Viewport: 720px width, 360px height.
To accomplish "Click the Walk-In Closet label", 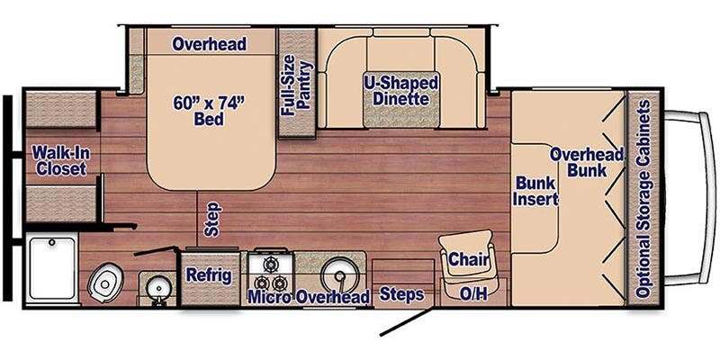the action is tap(61, 161).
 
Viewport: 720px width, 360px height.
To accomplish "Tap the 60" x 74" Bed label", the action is tap(209, 111).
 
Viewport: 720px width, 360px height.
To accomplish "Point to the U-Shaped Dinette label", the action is tap(400, 91).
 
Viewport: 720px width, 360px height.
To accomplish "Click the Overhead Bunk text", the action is tap(587, 162).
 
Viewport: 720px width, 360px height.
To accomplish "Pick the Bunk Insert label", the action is tap(535, 191).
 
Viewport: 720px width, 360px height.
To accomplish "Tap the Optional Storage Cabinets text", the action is tap(643, 198).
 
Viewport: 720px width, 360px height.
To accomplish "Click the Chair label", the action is tap(468, 259).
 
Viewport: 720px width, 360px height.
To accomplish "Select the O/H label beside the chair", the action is tap(473, 294).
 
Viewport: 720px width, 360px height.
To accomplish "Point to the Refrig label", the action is tap(209, 275).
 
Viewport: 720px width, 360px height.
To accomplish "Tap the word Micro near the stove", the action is tap(269, 297).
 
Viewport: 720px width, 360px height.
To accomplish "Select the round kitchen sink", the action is tap(340, 275).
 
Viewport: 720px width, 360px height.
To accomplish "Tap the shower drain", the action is tap(52, 242).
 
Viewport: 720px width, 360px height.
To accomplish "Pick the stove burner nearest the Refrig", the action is tap(264, 283).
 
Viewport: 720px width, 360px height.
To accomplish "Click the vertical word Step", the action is tap(212, 220).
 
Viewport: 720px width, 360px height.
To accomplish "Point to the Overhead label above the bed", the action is tap(210, 44).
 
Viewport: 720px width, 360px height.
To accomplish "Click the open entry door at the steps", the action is tap(406, 322).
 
